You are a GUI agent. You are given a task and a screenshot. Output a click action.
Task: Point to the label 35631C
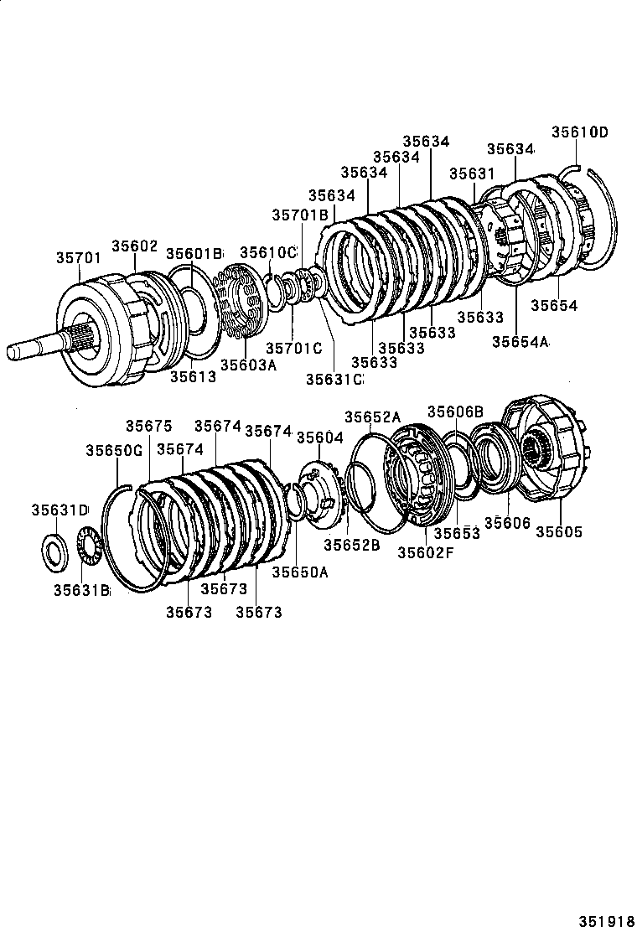[334, 379]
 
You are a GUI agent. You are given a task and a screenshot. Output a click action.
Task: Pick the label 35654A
[520, 341]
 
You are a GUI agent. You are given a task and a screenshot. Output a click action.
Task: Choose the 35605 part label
[559, 531]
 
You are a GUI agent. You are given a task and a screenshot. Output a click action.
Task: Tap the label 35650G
[114, 450]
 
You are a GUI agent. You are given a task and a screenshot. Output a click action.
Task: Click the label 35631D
[60, 510]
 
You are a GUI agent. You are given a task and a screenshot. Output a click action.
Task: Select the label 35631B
[82, 590]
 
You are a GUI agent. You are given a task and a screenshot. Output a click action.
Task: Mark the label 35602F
[425, 552]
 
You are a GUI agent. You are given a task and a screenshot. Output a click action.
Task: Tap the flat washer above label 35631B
[56, 548]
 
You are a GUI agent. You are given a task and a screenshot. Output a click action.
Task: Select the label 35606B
[456, 412]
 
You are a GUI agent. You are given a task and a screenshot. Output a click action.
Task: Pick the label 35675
[148, 426]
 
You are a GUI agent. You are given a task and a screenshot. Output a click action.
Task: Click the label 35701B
[299, 215]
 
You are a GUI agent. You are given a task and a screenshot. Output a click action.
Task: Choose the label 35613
[193, 376]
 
